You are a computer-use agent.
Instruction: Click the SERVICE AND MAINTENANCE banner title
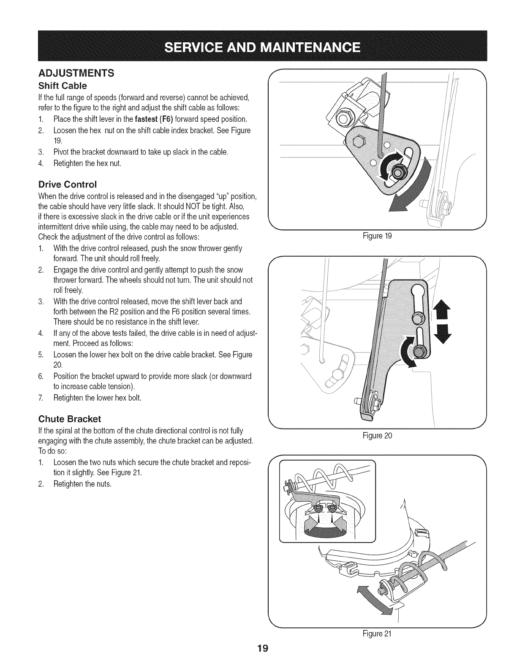[x=258, y=46]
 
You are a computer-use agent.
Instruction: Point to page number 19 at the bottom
[x=258, y=660]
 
